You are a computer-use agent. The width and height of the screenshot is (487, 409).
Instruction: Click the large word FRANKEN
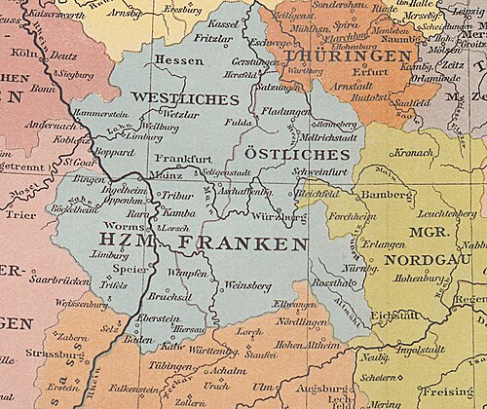click(x=235, y=242)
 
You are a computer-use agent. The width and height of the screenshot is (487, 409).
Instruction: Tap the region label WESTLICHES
click(x=183, y=99)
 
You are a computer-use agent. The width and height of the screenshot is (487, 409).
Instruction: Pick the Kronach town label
click(x=415, y=153)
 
